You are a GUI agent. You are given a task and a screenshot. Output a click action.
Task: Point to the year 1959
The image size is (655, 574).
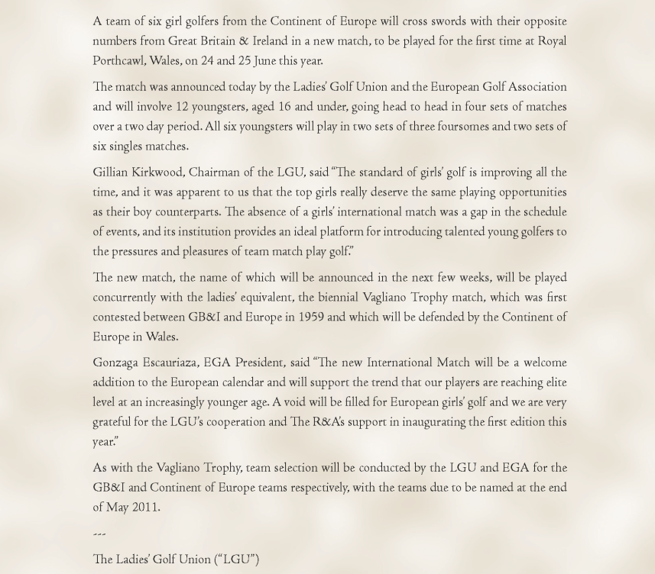[x=311, y=318]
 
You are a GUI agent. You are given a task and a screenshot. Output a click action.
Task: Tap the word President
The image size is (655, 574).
[x=259, y=363]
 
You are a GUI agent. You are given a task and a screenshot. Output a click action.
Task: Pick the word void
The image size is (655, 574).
[x=298, y=402]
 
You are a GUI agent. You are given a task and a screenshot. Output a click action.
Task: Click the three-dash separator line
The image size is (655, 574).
[x=99, y=534]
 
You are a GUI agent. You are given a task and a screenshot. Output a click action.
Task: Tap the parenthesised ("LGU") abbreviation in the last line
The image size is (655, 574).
[x=235, y=559]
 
